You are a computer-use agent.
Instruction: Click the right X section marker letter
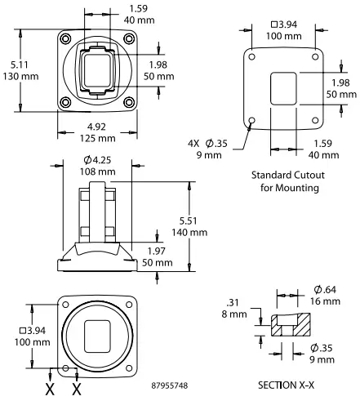pos(78,390)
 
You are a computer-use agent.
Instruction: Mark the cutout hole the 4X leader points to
pos(251,120)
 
